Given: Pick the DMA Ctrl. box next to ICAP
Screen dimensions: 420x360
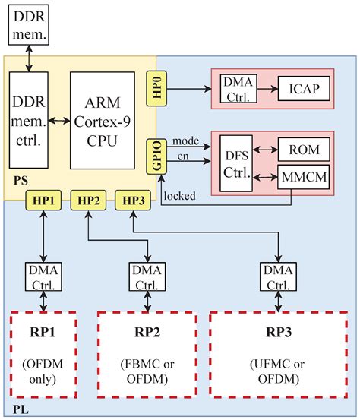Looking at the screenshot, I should coord(237,90).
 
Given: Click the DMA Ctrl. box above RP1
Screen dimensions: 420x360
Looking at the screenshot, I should coord(44,276).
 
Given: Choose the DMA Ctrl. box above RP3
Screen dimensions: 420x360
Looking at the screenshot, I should coord(276,276).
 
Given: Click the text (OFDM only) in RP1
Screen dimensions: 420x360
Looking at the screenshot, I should coord(44,371).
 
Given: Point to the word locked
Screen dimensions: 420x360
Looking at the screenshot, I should coord(180,195).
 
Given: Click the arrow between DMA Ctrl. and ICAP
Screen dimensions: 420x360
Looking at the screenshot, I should coord(266,90).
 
